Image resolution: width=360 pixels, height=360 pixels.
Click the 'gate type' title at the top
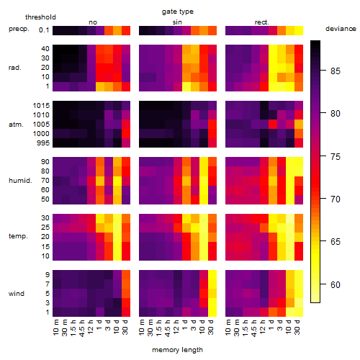pyautogui.click(x=178, y=12)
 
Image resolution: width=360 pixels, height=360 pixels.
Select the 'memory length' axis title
pyautogui.click(x=177, y=350)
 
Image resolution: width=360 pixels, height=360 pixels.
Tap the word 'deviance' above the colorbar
pyautogui.click(x=341, y=29)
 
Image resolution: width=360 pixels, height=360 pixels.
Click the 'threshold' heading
pyautogui.click(x=40, y=17)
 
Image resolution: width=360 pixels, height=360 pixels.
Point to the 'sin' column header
pyautogui.click(x=177, y=22)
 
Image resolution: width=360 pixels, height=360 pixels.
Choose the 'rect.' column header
pyautogui.click(x=261, y=22)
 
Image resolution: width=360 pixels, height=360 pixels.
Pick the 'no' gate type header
pyautogui.click(x=93, y=22)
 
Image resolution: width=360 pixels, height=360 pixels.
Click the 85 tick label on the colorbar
pyautogui.click(x=336, y=71)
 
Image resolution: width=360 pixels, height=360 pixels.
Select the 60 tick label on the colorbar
pyautogui.click(x=336, y=285)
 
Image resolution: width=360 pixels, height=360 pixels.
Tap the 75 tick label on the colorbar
pyautogui.click(x=336, y=157)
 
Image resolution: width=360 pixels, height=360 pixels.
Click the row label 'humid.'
pyautogui.click(x=20, y=181)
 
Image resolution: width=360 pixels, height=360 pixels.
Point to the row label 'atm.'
pyautogui.click(x=16, y=125)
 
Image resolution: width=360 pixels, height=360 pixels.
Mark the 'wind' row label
pyautogui.click(x=17, y=294)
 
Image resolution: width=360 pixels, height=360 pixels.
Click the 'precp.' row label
pyautogui.click(x=19, y=29)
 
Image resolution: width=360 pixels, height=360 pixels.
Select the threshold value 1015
pyautogui.click(x=41, y=106)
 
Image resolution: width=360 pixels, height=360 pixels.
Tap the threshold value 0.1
pyautogui.click(x=44, y=30)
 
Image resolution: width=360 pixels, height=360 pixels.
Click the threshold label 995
pyautogui.click(x=43, y=143)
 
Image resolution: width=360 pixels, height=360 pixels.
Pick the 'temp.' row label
pyautogui.click(x=18, y=236)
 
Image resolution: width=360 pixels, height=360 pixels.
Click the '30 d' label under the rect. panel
pyautogui.click(x=297, y=327)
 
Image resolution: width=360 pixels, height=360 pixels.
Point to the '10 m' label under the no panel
pyautogui.click(x=55, y=328)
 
